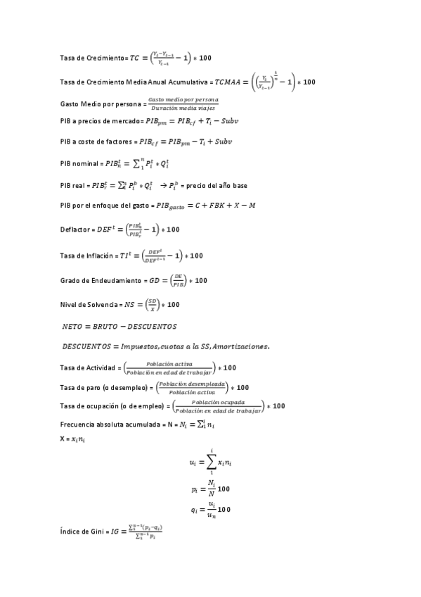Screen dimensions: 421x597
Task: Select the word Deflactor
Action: click(75, 230)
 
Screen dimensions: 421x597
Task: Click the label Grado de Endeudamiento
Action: click(101, 280)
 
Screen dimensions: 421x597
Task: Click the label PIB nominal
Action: click(79, 164)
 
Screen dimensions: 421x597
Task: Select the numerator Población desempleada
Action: click(192, 384)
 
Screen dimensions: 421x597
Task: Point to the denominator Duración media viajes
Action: click(183, 108)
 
